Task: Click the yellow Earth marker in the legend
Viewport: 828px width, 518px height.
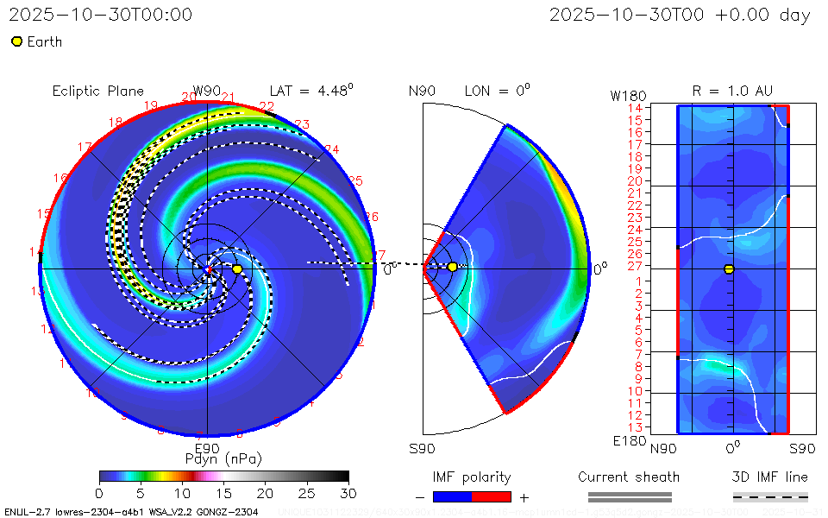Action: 16,41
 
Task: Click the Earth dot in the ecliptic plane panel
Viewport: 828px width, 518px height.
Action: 237,269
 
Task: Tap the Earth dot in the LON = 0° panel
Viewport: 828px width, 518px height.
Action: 452,267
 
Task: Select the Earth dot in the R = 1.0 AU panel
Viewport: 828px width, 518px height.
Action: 729,269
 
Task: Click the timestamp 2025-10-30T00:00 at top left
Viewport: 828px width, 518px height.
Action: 100,15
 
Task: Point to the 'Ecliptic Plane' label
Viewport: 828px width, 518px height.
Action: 97,91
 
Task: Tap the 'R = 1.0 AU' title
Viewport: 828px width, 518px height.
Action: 732,91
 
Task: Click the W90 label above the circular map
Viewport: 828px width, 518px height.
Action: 207,91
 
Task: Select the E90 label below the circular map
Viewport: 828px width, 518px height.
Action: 207,448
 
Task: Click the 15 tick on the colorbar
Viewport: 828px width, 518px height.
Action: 223,492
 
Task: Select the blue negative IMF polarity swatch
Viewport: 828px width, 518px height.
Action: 452,496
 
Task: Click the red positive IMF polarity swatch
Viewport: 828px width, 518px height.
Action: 492,496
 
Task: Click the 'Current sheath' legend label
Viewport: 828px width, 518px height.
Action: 629,477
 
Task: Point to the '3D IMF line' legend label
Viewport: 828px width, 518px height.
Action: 770,477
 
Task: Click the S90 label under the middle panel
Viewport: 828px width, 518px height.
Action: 422,448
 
